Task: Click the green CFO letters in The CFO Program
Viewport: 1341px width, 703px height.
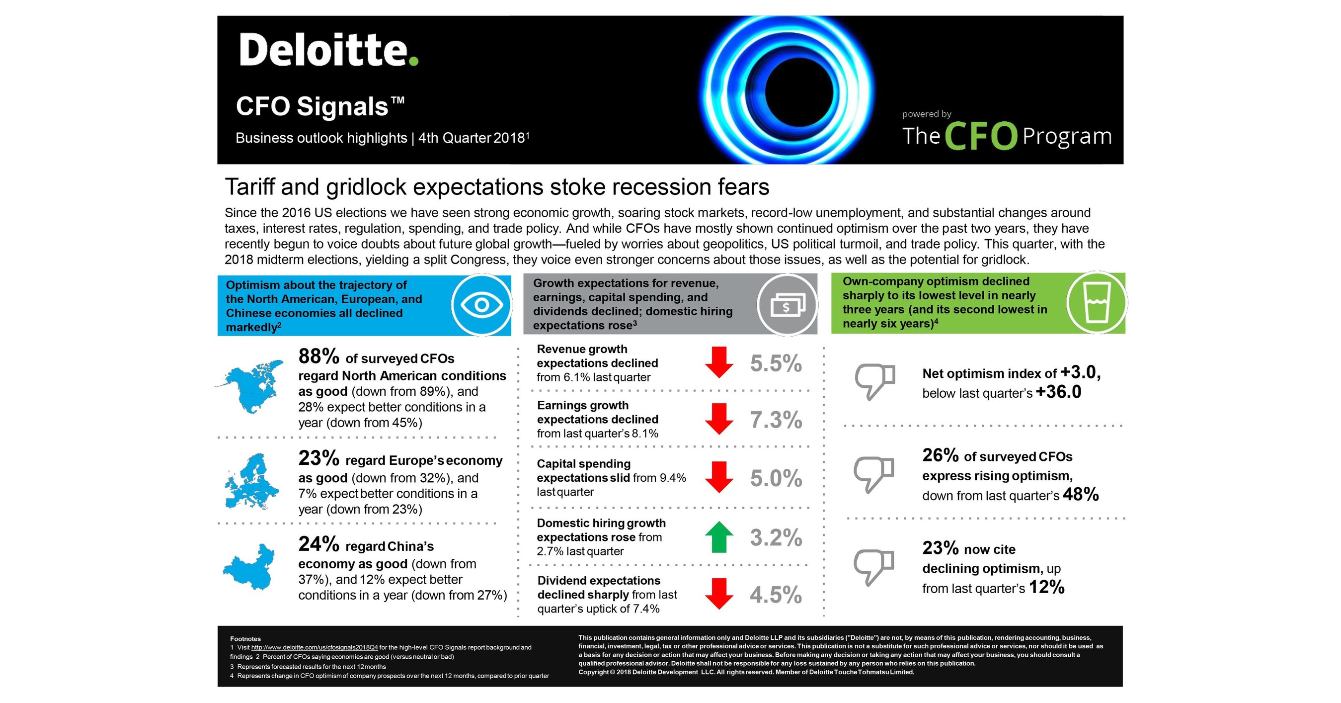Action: (x=980, y=136)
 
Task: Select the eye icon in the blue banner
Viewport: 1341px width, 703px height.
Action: (x=481, y=305)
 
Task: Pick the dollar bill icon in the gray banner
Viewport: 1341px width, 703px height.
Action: (x=787, y=305)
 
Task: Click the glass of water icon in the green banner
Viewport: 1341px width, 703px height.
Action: (x=1097, y=303)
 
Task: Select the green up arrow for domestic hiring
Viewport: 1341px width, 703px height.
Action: (x=719, y=537)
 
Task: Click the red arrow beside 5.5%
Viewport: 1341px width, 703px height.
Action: (x=719, y=362)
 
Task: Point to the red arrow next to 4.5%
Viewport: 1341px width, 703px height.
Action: (x=719, y=594)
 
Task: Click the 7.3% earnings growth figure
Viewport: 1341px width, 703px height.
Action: (x=776, y=420)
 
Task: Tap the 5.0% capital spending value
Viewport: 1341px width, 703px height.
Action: (x=776, y=479)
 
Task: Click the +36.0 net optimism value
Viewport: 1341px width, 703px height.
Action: (x=1058, y=392)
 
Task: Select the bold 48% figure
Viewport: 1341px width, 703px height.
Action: (x=1081, y=494)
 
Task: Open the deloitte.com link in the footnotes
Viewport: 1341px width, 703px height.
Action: (x=315, y=647)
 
